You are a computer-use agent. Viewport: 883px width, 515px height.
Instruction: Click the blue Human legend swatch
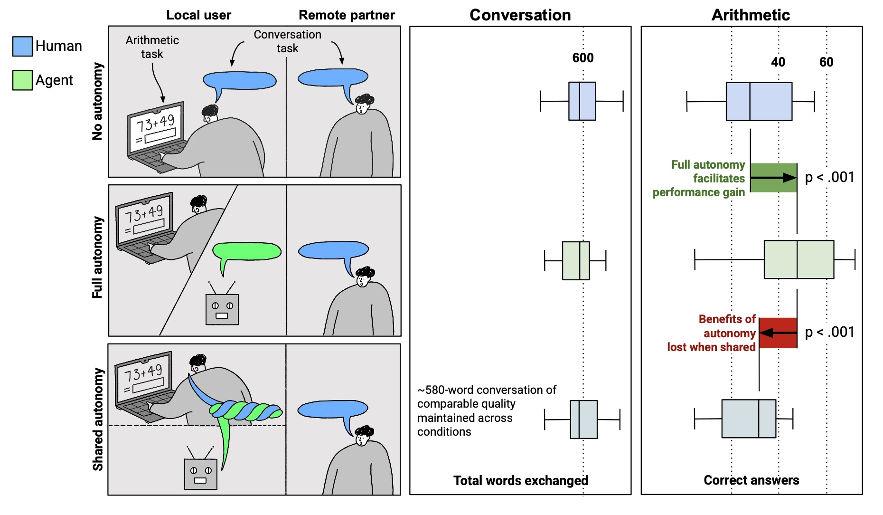pos(22,46)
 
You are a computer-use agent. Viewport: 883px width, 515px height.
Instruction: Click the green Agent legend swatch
pos(22,80)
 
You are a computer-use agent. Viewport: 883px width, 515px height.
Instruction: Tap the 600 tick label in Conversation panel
pos(582,58)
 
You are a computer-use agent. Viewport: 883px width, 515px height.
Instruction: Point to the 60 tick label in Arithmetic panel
pos(826,62)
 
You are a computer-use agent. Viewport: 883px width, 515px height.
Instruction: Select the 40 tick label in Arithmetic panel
pos(778,62)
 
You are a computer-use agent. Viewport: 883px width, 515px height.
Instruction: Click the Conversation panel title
pos(520,15)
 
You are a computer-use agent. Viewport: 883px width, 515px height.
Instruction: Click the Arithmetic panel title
pos(751,15)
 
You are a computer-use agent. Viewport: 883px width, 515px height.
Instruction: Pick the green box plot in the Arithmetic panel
pos(798,259)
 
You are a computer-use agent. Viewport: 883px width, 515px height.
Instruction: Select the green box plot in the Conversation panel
pos(575,260)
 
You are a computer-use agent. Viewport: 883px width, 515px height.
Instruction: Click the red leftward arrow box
pos(778,333)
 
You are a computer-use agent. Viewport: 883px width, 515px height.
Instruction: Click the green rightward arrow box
pos(773,178)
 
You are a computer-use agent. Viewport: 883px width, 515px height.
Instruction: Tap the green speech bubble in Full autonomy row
pos(247,251)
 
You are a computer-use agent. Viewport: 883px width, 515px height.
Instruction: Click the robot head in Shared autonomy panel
pos(200,474)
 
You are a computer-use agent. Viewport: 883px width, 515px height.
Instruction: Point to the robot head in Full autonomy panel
pos(222,309)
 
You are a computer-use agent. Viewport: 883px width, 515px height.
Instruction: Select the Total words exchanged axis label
pos(520,480)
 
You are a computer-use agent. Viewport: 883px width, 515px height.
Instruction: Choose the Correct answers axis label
pos(751,480)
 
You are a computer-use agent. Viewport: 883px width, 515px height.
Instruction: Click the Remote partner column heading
pos(347,15)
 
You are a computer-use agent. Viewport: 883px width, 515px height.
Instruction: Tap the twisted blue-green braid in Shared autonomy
pos(245,411)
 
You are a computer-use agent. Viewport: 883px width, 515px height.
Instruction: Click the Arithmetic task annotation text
pos(152,47)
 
